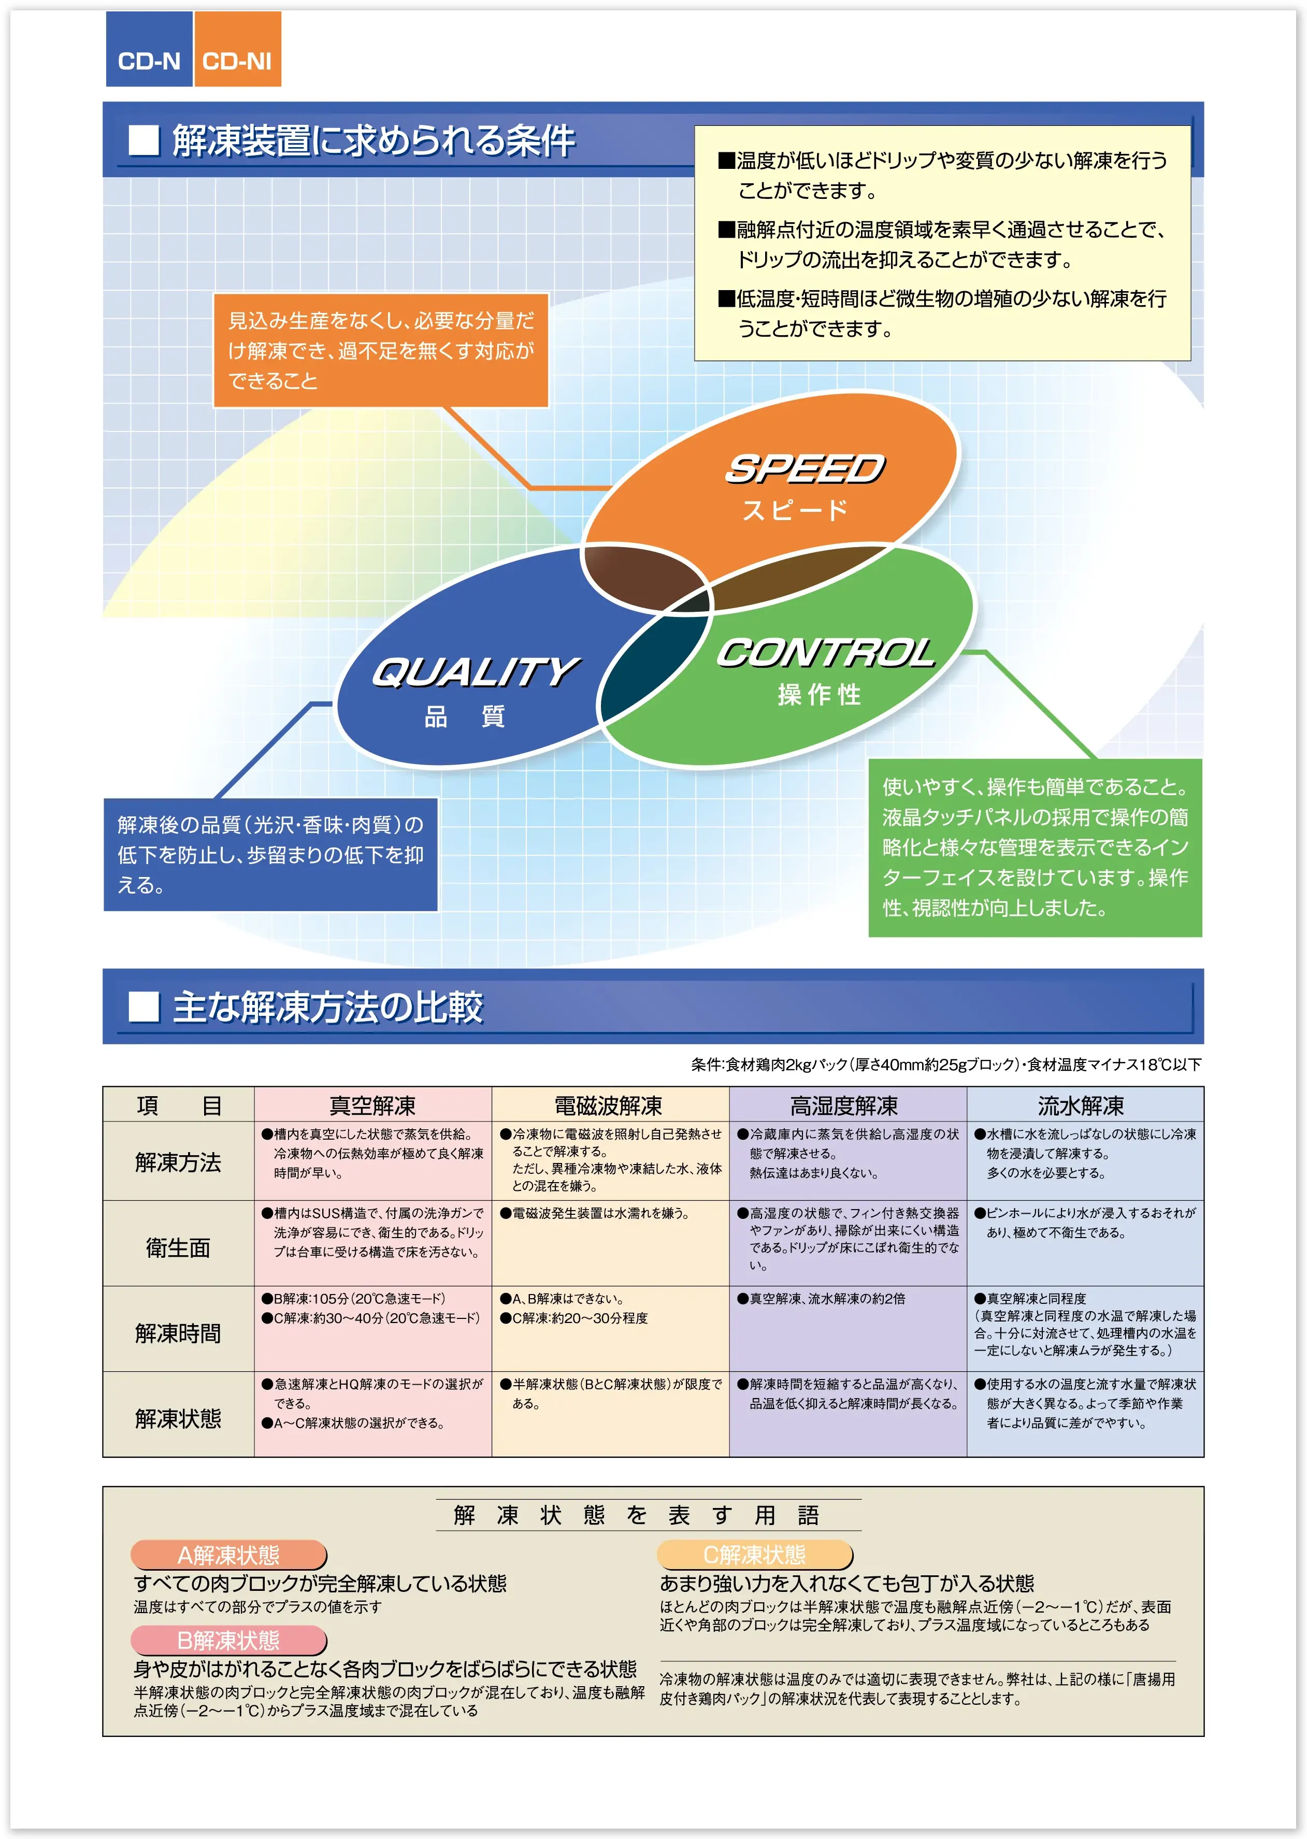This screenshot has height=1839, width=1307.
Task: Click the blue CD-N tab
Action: click(x=149, y=50)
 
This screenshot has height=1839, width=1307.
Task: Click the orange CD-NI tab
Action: click(x=237, y=50)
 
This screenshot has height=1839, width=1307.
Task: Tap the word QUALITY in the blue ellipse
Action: click(x=475, y=672)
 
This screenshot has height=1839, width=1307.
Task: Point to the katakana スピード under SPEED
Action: click(x=795, y=510)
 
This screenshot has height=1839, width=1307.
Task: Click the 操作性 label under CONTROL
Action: click(x=820, y=695)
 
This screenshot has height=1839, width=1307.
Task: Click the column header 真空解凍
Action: click(x=372, y=1105)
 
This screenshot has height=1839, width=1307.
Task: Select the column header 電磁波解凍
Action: click(x=609, y=1105)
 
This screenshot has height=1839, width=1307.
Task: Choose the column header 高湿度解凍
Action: click(x=845, y=1105)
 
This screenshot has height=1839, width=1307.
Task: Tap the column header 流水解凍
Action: click(x=1081, y=1105)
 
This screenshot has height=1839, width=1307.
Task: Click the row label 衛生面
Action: click(x=178, y=1247)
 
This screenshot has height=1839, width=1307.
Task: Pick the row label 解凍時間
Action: click(x=178, y=1333)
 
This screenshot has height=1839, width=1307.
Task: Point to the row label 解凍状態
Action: click(x=178, y=1418)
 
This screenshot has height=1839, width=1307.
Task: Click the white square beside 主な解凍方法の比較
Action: click(x=144, y=1007)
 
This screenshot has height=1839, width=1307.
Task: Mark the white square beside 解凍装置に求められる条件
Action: click(x=144, y=140)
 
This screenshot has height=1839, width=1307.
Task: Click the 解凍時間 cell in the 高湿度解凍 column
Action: click(x=848, y=1328)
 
